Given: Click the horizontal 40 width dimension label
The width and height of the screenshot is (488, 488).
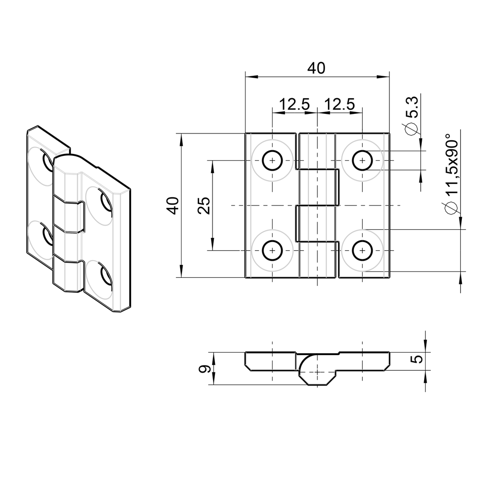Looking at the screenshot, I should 316,68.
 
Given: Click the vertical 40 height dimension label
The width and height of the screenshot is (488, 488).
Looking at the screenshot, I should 174,205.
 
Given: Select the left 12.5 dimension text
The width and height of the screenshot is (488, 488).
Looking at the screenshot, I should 294,104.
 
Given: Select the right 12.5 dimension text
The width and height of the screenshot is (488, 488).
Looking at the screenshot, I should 339,104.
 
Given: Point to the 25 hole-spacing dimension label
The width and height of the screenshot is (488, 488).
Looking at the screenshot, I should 204,205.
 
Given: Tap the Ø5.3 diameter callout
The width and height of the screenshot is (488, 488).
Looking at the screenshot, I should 411,115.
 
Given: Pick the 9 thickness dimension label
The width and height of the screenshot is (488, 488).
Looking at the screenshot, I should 204,369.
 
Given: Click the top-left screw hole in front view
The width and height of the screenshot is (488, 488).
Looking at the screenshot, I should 272,161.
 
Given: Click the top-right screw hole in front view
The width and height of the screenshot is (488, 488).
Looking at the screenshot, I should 362,161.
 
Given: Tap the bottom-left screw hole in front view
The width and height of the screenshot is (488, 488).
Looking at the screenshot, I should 272,250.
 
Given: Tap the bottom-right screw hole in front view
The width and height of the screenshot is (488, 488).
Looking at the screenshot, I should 362,250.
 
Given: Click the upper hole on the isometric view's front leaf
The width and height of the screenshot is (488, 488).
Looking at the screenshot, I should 105,200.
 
